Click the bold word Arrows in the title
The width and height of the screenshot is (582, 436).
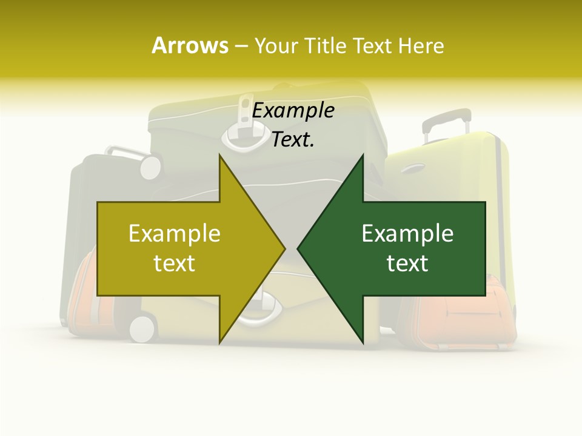click(190, 45)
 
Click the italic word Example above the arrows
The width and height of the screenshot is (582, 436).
click(293, 111)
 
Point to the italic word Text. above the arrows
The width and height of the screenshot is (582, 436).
click(293, 140)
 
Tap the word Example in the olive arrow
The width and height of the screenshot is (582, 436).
click(175, 234)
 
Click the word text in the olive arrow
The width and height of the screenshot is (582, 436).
click(175, 263)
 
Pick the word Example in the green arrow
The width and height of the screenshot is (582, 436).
click(407, 234)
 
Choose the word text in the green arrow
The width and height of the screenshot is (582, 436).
click(407, 263)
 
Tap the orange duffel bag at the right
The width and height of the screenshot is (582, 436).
click(461, 315)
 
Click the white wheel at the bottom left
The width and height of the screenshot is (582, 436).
click(142, 328)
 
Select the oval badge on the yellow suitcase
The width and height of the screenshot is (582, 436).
click(412, 168)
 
